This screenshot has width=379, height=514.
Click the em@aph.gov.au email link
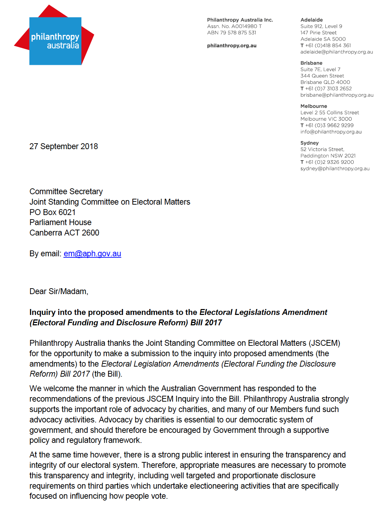point(92,254)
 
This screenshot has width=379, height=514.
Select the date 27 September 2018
point(64,146)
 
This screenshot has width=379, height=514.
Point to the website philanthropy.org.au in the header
point(232,46)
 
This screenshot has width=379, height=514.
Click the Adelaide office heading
point(311,20)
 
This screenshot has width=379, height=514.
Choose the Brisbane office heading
point(311,63)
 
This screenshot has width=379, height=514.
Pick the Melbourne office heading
point(314,106)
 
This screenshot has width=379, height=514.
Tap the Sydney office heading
point(309,143)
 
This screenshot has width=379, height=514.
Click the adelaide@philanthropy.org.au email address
point(336,52)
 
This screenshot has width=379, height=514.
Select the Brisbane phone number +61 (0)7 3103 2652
point(328,88)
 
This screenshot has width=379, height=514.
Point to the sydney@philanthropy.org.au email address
point(335,169)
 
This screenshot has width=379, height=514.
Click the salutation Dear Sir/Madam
point(59,291)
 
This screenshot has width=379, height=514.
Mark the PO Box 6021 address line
point(52,212)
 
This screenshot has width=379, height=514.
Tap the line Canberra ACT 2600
point(64,233)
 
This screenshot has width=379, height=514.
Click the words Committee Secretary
point(66,191)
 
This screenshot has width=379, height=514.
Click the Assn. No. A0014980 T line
point(234,26)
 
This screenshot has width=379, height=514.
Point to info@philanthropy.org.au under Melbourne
point(331,132)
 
